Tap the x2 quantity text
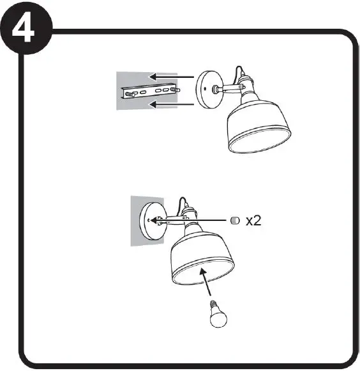(253, 221)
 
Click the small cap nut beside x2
(234, 221)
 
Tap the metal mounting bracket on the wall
(147, 92)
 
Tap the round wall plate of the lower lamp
(154, 221)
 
